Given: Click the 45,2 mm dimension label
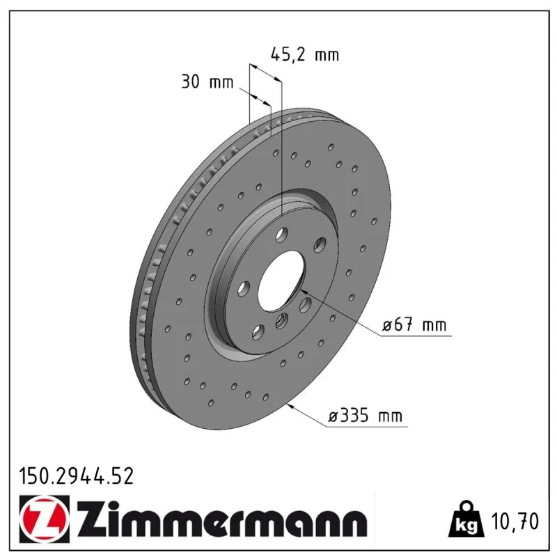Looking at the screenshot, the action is pos(305,55).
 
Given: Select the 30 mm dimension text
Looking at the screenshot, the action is pos(207,81).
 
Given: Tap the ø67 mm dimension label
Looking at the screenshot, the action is pos(414,324).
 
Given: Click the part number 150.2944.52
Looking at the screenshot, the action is pos(77,476).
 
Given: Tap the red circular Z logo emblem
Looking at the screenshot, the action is pos(44,519).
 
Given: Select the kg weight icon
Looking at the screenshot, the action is pos(466,520).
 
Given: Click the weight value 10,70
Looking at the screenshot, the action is pos(515,521).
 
